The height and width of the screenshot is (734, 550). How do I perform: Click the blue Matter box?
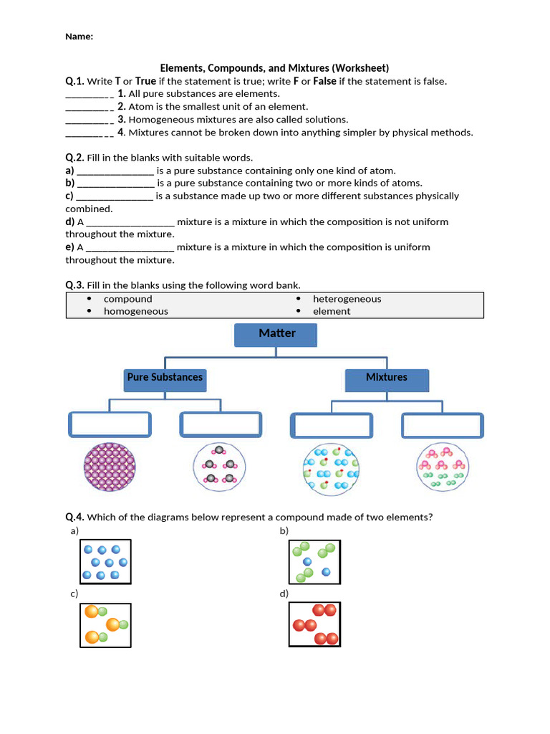pyautogui.click(x=276, y=335)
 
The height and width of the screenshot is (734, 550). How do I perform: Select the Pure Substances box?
pyautogui.click(x=165, y=379)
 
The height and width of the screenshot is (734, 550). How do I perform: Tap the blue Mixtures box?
pyautogui.click(x=387, y=379)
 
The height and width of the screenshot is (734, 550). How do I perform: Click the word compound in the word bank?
pyautogui.click(x=127, y=299)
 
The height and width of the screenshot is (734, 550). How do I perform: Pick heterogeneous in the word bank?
pyautogui.click(x=347, y=299)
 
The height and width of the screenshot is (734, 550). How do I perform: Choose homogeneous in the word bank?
pyautogui.click(x=135, y=311)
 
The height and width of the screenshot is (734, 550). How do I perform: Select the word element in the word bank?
pyautogui.click(x=332, y=311)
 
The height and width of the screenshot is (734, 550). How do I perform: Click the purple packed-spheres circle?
pyautogui.click(x=110, y=467)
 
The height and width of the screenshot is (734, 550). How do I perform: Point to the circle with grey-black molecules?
pyautogui.click(x=219, y=467)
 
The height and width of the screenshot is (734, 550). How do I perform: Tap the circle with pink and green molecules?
pyautogui.click(x=443, y=467)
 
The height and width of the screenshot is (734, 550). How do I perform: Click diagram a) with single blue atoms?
pyautogui.click(x=105, y=561)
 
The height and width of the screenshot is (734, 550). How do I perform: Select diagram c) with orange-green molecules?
pyautogui.click(x=105, y=625)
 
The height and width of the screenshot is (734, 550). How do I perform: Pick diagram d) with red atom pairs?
pyautogui.click(x=314, y=625)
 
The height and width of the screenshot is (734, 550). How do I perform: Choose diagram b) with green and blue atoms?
pyautogui.click(x=314, y=561)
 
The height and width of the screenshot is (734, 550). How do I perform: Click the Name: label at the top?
pyautogui.click(x=79, y=37)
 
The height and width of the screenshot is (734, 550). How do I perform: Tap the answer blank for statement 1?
pyautogui.click(x=89, y=95)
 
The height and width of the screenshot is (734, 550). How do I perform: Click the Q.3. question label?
pyautogui.click(x=75, y=285)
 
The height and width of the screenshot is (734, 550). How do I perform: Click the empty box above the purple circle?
pyautogui.click(x=110, y=424)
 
